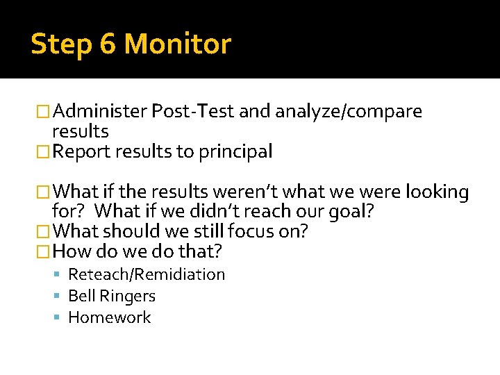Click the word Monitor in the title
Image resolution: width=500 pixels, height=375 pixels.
coord(177,44)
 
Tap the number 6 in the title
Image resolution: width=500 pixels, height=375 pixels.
coord(107,44)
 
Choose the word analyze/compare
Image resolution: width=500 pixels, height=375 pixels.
coord(349,112)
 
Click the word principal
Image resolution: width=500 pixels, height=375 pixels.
coord(238,151)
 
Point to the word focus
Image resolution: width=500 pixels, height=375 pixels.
coord(251,231)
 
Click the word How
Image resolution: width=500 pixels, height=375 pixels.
coord(68,251)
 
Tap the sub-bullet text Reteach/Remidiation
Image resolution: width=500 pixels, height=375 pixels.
coord(147,275)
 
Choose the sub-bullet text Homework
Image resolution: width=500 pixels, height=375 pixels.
coord(109,318)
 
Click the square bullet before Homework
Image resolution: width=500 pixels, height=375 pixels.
coord(60,318)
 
